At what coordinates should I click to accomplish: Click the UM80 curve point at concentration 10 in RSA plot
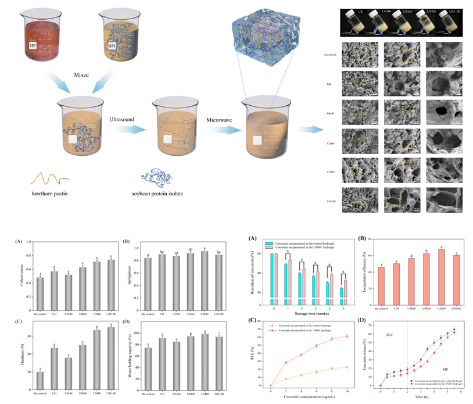click(x=347, y=336)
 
